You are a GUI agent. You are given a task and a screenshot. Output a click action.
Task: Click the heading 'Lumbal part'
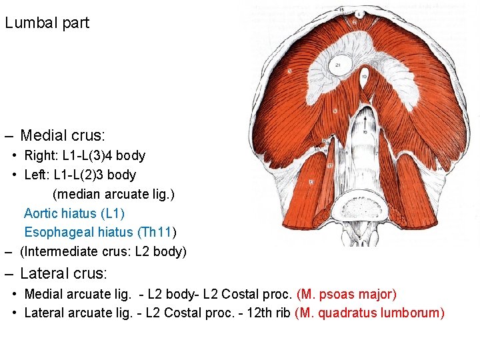pyautogui.click(x=47, y=23)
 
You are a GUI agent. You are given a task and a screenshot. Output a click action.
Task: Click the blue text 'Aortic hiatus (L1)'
pyautogui.click(x=74, y=214)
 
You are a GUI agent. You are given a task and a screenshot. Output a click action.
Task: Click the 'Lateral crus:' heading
pyautogui.click(x=63, y=273)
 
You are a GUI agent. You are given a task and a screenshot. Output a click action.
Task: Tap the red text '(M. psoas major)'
pyautogui.click(x=347, y=294)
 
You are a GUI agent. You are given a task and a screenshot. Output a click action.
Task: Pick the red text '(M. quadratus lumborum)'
pyautogui.click(x=369, y=313)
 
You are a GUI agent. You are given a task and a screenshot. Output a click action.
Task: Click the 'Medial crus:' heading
pyautogui.click(x=63, y=136)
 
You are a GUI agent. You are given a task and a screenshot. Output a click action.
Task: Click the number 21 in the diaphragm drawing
pyautogui.click(x=338, y=65)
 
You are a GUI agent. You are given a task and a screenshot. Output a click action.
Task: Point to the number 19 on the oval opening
pyautogui.click(x=364, y=77)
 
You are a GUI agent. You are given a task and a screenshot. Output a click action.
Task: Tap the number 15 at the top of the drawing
pyautogui.click(x=341, y=10)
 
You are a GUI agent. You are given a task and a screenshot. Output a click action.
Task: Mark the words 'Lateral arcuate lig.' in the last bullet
pyautogui.click(x=77, y=313)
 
